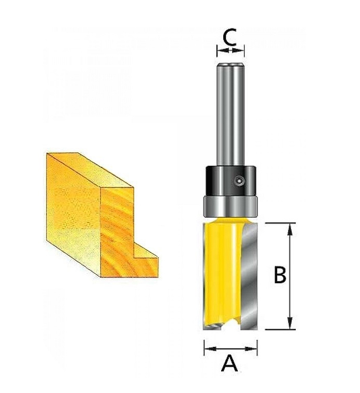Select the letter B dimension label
click(280, 275)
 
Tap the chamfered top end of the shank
click(231, 65)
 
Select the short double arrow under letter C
click(230, 51)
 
